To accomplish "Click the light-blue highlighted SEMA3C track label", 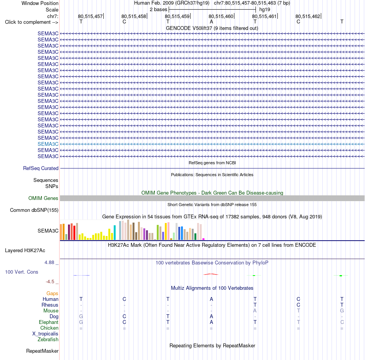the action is pyautogui.click(x=48, y=144).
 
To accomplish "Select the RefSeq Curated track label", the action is pyautogui.click(x=41, y=168).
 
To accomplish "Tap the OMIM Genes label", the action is pyautogui.click(x=43, y=198).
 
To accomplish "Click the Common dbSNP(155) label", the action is pyautogui.click(x=34, y=210).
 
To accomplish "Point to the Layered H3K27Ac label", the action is pyautogui.click(x=25, y=251).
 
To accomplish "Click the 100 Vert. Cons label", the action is pyautogui.click(x=22, y=272).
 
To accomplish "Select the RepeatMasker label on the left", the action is pyautogui.click(x=42, y=351).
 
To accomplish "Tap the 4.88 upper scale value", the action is pyautogui.click(x=49, y=263).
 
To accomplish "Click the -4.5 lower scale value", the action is pyautogui.click(x=50, y=282).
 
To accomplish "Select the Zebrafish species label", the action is pyautogui.click(x=48, y=339).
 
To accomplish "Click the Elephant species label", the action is pyautogui.click(x=49, y=322).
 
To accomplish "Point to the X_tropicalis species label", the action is pyautogui.click(x=45, y=334).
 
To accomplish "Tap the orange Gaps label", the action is pyautogui.click(x=52, y=294).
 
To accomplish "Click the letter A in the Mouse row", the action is pyautogui.click(x=255, y=311).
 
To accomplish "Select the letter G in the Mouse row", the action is pyautogui.click(x=342, y=311).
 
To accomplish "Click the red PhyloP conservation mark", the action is pyautogui.click(x=211, y=274).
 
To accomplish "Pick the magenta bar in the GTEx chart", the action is pyautogui.click(x=204, y=239).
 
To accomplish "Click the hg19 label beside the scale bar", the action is pyautogui.click(x=265, y=10).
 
